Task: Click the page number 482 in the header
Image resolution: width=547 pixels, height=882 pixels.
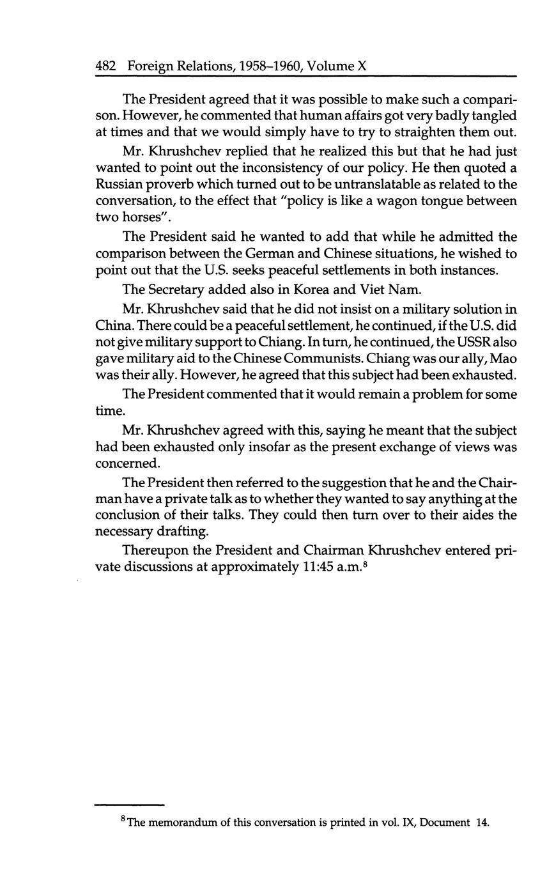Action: pos(105,66)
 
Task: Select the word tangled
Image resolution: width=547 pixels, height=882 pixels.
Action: pos(486,116)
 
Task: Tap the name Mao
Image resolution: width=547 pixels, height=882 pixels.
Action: pos(504,359)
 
